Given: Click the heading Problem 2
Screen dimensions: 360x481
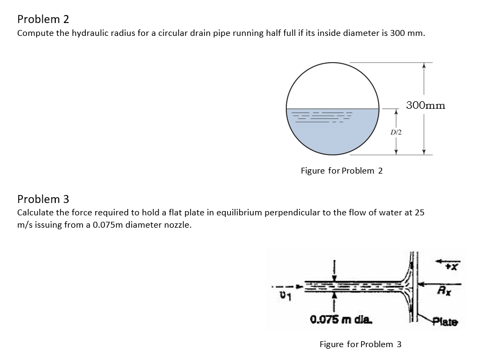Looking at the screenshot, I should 43,19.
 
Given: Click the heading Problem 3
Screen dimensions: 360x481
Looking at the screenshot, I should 43,199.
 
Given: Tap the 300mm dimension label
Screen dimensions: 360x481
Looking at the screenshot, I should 425,105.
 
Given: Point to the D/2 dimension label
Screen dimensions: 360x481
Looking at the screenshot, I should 396,131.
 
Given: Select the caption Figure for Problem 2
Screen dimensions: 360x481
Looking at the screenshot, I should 342,170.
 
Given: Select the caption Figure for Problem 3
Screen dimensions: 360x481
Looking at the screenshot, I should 360,344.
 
